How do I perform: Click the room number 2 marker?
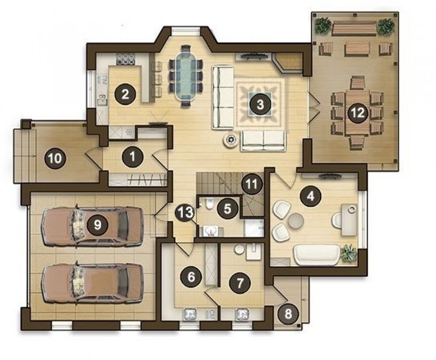click(125, 94)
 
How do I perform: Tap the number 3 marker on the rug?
click(260, 105)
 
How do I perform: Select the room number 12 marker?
click(358, 113)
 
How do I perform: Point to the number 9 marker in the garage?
click(97, 224)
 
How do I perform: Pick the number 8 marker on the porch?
click(288, 314)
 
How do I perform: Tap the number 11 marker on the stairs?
click(252, 184)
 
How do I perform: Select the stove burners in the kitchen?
click(125, 59)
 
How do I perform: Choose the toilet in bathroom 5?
click(209, 205)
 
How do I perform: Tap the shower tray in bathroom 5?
click(254, 228)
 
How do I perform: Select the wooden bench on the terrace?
click(354, 28)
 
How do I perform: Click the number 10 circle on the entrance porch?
click(55, 158)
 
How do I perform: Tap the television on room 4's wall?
click(330, 176)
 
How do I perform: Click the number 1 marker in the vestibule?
click(133, 157)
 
